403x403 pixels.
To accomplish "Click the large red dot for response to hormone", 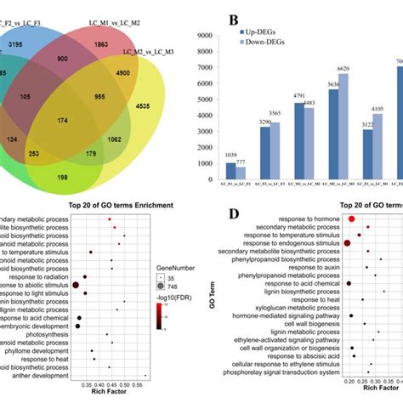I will pos(350,219).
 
